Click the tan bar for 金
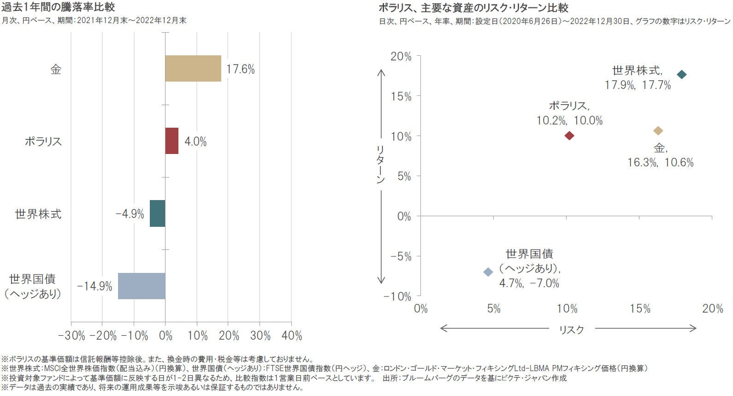[193, 69]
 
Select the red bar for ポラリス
[172, 141]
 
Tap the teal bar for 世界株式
[158, 213]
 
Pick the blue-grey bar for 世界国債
[142, 286]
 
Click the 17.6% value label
[240, 69]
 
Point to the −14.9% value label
[95, 286]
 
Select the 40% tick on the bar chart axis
[291, 336]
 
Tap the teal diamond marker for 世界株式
[681, 75]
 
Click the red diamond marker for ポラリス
[569, 136]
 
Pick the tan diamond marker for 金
[658, 131]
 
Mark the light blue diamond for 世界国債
[488, 272]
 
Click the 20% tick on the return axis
[401, 56]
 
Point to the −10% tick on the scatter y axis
[397, 296]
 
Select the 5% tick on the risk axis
[494, 309]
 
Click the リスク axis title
[571, 329]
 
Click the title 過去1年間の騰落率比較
[58, 7]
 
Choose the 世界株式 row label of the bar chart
[38, 214]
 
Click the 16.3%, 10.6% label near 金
[660, 163]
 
